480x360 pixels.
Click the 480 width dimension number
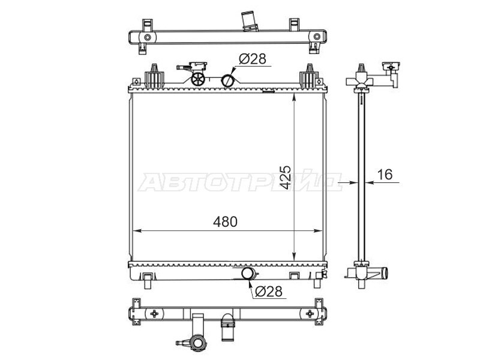click(225, 222)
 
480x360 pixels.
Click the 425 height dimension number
click(286, 178)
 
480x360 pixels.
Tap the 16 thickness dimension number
click(385, 175)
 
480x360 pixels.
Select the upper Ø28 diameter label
click(252, 59)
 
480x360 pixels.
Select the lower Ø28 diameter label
click(268, 292)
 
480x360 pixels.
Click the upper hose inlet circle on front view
click(227, 80)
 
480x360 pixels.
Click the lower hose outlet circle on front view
click(248, 273)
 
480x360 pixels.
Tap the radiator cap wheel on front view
click(198, 79)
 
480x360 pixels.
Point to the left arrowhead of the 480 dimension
click(137, 231)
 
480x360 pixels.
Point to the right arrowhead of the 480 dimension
click(319, 231)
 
